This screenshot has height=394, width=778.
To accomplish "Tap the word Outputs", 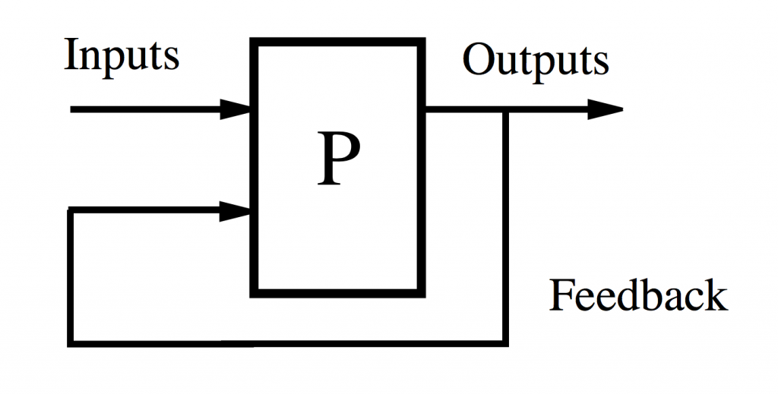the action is click(x=536, y=61).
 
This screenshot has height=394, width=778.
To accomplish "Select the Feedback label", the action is click(x=638, y=295).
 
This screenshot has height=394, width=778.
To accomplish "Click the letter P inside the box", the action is click(x=338, y=159).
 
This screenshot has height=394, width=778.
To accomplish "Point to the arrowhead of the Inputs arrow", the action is click(x=236, y=109).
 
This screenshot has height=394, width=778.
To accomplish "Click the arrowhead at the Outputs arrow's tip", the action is click(x=606, y=109).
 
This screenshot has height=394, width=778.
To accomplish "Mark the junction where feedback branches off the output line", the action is click(x=505, y=110).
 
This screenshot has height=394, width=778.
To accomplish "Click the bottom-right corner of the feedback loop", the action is click(x=505, y=342).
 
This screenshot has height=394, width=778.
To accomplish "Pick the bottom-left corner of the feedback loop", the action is click(x=71, y=342).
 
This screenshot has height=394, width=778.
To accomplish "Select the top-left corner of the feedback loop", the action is click(x=71, y=210).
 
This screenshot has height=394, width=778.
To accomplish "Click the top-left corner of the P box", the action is click(x=254, y=42).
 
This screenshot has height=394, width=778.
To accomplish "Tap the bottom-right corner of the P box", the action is click(x=421, y=293).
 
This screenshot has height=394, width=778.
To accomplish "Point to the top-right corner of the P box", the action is click(x=421, y=42).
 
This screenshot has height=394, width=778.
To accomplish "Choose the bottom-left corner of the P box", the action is click(x=254, y=293).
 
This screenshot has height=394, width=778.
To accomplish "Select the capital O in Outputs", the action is click(x=479, y=59).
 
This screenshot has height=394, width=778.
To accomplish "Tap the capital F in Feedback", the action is click(x=561, y=295).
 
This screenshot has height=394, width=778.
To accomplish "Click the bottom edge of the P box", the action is click(x=337, y=293).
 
